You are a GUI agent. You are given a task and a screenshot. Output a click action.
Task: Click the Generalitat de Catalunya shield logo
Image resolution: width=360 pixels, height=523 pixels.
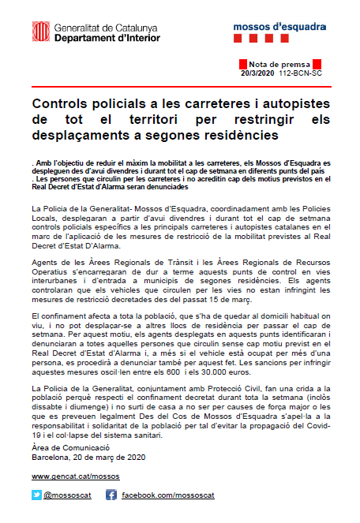[x=39, y=32]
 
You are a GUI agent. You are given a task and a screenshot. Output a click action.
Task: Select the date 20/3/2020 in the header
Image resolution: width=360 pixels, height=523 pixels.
[x=257, y=72]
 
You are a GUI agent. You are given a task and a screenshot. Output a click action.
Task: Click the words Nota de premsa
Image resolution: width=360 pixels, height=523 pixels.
[x=276, y=63]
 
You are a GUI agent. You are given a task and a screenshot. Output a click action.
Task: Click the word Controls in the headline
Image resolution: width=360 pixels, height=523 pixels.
[x=64, y=104]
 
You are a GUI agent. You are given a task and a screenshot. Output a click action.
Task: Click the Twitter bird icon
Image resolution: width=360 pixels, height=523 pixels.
[x=36, y=495]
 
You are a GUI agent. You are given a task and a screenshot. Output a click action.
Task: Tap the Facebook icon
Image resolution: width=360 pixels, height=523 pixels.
[x=111, y=495]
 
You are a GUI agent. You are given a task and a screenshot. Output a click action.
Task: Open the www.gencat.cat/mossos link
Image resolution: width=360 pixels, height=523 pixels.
[x=76, y=477]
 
